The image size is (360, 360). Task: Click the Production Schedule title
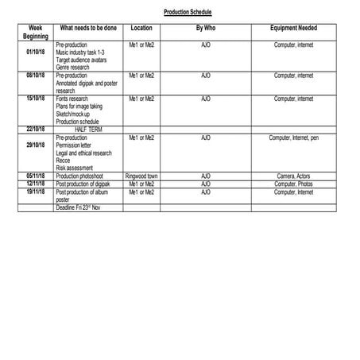click(188, 13)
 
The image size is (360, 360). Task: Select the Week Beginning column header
click(36, 32)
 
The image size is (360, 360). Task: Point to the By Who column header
click(205, 28)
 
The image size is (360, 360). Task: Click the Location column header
click(141, 28)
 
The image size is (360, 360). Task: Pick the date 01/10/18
click(36, 52)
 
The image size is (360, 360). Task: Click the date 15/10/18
click(36, 99)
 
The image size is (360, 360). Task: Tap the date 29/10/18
click(36, 145)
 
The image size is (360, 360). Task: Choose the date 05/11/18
click(36, 176)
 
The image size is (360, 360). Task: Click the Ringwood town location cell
click(141, 176)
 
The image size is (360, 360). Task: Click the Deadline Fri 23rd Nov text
click(79, 207)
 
